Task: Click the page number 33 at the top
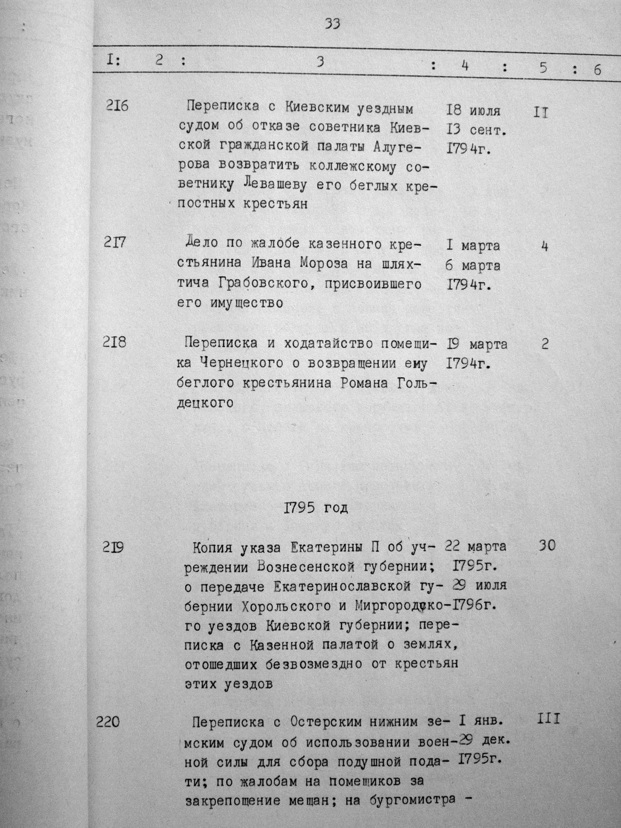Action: (x=332, y=24)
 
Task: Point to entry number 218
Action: (x=115, y=343)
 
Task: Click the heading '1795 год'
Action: (x=316, y=507)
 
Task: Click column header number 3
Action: (x=320, y=61)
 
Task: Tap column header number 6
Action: (x=597, y=70)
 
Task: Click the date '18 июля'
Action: (x=474, y=111)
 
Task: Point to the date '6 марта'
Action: (x=473, y=266)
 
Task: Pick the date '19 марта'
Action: (x=477, y=345)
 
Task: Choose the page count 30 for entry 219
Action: (x=546, y=545)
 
